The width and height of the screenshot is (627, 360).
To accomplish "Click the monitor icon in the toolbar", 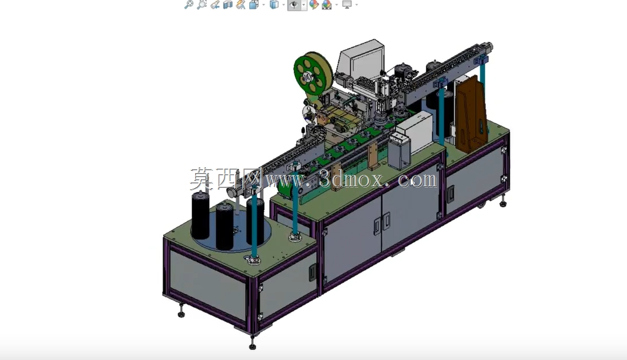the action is click(346, 5).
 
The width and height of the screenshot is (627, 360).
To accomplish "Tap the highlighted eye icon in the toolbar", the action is click(294, 5).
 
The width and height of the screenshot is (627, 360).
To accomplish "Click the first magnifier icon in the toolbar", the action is click(188, 5).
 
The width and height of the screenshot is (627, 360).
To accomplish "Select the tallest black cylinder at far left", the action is click(200, 215).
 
